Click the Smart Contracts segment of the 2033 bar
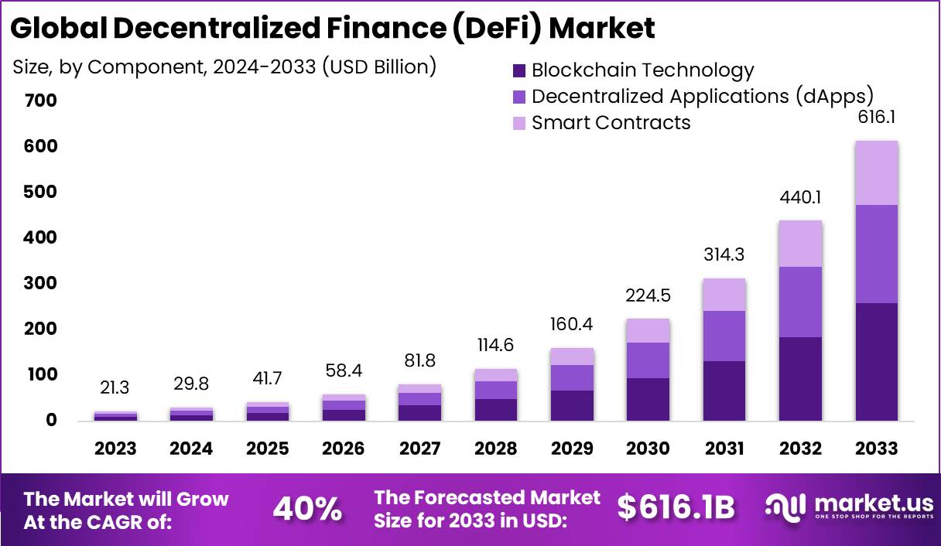pos(876,173)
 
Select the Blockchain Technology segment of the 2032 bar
pos(800,378)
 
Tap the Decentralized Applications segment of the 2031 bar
pos(724,336)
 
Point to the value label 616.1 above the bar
pos(876,118)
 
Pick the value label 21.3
pos(115,387)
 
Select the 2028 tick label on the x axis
pos(496,449)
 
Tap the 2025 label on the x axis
pos(268,449)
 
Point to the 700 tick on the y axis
pos(40,101)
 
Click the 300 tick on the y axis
pos(40,284)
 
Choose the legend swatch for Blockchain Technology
pos(519,71)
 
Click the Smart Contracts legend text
pos(611,123)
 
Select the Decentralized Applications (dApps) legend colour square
pos(519,97)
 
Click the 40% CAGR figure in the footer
pos(307,509)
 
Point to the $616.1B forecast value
pos(676,507)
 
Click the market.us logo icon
pos(785,507)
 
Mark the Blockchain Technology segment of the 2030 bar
pos(648,399)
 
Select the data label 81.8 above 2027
pos(420,361)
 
